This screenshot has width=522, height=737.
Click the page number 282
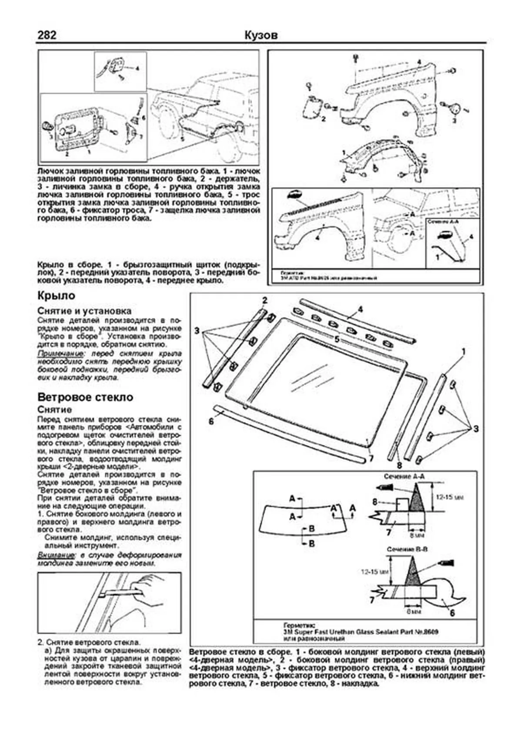47,35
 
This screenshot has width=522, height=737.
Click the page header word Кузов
261,35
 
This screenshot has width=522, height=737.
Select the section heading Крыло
56,296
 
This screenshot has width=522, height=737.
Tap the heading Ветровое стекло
85,397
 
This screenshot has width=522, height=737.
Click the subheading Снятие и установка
84,311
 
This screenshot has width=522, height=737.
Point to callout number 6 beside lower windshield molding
211,421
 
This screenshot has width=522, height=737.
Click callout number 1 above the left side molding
464,351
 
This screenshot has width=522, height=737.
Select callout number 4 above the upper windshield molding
360,309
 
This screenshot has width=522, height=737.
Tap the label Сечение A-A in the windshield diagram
404,476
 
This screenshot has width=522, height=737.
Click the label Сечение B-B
407,549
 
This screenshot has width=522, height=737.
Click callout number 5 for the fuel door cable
182,139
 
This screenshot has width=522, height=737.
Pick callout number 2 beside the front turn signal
323,118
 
